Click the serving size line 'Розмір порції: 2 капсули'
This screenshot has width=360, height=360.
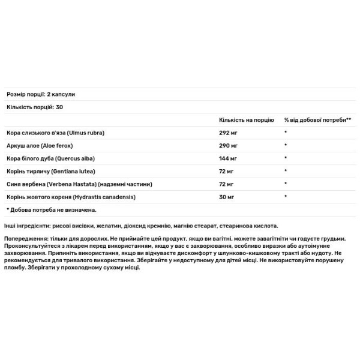40,95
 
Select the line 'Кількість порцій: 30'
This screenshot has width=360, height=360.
34,107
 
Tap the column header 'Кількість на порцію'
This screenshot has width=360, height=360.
247,119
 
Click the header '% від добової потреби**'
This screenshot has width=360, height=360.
317,119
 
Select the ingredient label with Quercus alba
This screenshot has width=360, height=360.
56,158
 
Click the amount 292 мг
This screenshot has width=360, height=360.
229,132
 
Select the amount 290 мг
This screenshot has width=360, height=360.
229,145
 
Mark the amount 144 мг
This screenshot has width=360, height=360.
229,158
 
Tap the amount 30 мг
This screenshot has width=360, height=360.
227,197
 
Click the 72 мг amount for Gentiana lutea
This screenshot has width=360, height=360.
227,171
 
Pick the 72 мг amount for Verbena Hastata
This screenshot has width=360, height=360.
227,184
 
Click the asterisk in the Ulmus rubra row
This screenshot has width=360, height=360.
286,133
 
